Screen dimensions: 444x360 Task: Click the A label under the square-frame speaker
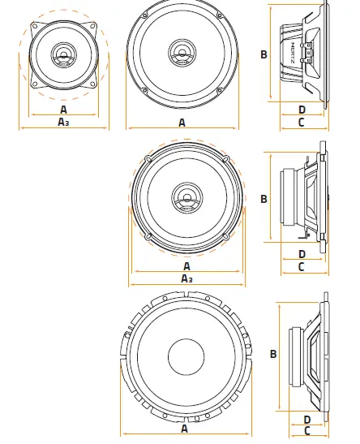(x=63, y=109)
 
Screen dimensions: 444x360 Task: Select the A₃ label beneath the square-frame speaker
(x=63, y=123)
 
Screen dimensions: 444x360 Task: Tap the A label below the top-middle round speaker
(x=182, y=123)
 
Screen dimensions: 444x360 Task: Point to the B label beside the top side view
(x=264, y=54)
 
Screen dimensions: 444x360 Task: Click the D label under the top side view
(x=302, y=110)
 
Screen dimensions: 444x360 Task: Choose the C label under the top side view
(x=302, y=123)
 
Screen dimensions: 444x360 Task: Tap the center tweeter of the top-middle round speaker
(x=182, y=54)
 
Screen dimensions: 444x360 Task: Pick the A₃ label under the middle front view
(x=186, y=279)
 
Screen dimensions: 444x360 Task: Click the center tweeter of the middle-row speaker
(x=186, y=197)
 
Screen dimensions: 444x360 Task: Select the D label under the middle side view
(x=302, y=254)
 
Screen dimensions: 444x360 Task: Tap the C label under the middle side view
(x=302, y=267)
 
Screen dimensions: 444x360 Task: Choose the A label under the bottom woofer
(x=184, y=429)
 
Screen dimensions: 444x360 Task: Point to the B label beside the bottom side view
(x=273, y=354)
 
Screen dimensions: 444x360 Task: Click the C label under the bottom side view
(x=306, y=431)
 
